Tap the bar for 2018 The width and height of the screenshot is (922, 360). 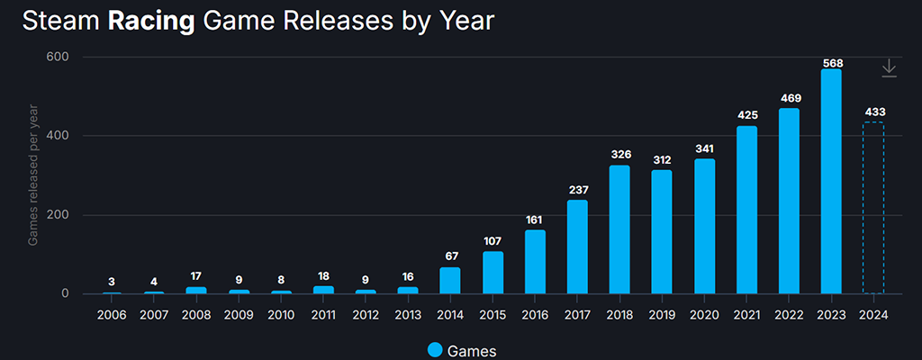619,229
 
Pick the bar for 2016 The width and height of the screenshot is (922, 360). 535,262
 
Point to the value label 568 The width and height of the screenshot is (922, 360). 831,62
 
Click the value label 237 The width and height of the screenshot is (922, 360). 577,190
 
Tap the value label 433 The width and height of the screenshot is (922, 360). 873,112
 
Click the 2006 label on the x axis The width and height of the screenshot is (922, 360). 112,315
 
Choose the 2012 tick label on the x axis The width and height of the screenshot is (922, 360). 366,315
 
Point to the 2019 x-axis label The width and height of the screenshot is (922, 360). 662,315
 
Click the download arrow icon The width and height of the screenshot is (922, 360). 889,68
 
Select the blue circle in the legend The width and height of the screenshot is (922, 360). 436,350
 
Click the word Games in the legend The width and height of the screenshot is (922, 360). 472,350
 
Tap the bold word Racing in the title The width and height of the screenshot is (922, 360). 151,22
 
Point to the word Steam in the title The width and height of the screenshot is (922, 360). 60,22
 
